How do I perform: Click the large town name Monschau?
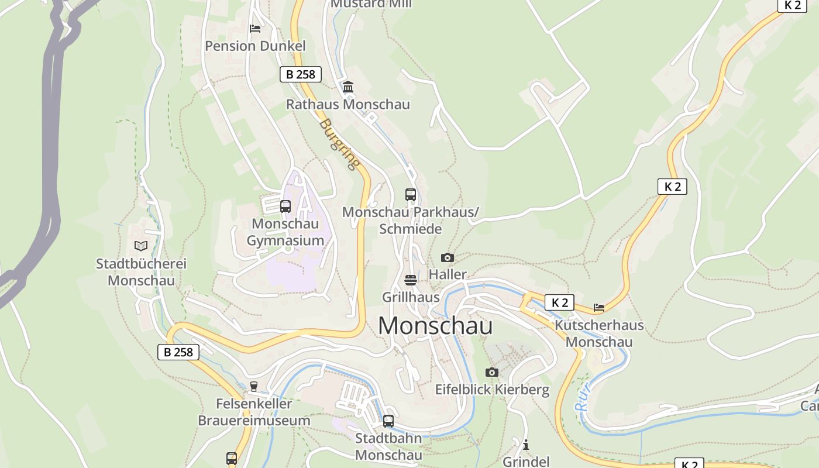pyautogui.click(x=435, y=326)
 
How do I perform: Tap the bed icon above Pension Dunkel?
pyautogui.click(x=254, y=28)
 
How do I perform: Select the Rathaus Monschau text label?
pyautogui.click(x=347, y=104)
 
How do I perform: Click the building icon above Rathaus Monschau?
pyautogui.click(x=348, y=87)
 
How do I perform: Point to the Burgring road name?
pyautogui.click(x=339, y=144)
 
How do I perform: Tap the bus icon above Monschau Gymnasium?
pyautogui.click(x=285, y=206)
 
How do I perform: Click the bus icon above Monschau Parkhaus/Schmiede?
pyautogui.click(x=411, y=194)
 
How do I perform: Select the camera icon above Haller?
pyautogui.click(x=448, y=257)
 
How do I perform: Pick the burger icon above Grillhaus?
pyautogui.click(x=411, y=280)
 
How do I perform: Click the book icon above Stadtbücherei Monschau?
pyautogui.click(x=140, y=246)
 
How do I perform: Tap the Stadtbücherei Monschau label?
pyautogui.click(x=141, y=272)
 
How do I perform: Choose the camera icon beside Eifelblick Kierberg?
pyautogui.click(x=492, y=373)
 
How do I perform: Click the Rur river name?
pyautogui.click(x=583, y=398)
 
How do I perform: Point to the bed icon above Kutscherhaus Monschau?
pyautogui.click(x=598, y=307)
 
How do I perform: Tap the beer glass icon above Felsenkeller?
pyautogui.click(x=253, y=386)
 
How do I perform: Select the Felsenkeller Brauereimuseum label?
pyautogui.click(x=254, y=412)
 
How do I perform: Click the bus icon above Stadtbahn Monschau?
pyautogui.click(x=388, y=421)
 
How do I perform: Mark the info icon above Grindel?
pyautogui.click(x=526, y=445)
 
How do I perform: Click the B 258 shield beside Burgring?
pyautogui.click(x=301, y=74)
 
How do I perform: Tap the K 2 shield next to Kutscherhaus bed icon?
pyautogui.click(x=559, y=302)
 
